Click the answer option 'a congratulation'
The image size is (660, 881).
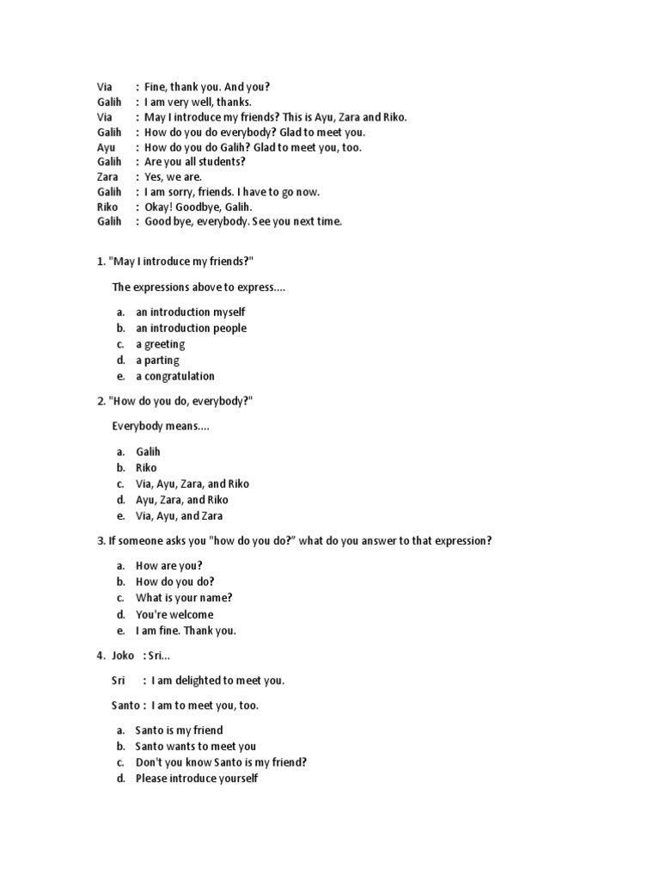[x=175, y=376]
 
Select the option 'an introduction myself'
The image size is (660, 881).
[x=190, y=311]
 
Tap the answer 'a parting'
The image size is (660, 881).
[x=157, y=360]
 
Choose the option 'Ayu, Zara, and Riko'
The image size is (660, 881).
[x=182, y=499]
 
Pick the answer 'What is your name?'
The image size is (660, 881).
[x=184, y=597]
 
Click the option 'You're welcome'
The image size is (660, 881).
[x=174, y=614]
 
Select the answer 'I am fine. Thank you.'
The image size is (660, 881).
[x=186, y=630]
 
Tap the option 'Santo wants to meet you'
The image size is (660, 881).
[x=196, y=746]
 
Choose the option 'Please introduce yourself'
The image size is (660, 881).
[x=197, y=779]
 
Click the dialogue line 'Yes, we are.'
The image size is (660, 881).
[x=173, y=176]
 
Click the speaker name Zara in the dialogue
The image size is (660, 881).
[x=107, y=176]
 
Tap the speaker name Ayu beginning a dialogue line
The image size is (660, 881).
[x=106, y=147]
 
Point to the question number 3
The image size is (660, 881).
[x=100, y=541]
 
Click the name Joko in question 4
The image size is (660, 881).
[x=123, y=656]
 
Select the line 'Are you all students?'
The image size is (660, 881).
[x=195, y=162]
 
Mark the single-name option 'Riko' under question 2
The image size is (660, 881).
[x=146, y=467]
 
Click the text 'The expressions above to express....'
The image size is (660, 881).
[x=199, y=286]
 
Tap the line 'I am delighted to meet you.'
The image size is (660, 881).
[x=218, y=681]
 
